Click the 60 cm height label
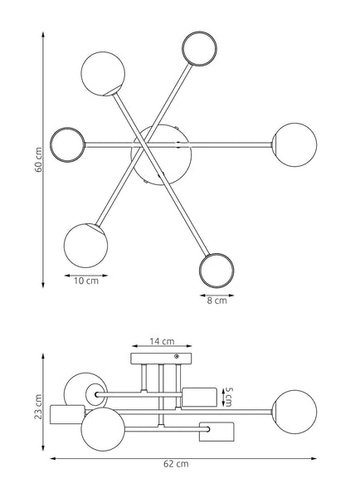(x=38, y=159)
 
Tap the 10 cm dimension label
(x=86, y=281)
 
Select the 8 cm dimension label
(x=217, y=300)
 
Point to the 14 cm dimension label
(x=162, y=341)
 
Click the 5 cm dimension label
(x=229, y=397)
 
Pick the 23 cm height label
(x=38, y=407)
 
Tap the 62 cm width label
(x=176, y=464)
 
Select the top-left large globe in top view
(x=103, y=74)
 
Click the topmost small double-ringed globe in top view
(x=199, y=49)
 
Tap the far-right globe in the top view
(x=295, y=144)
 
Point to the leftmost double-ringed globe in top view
(x=68, y=144)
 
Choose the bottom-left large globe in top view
(x=85, y=245)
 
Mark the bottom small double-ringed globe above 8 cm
(x=216, y=271)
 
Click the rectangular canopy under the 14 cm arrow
(x=161, y=359)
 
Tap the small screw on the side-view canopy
(x=177, y=356)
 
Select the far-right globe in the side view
(x=294, y=412)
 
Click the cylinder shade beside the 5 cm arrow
(x=200, y=397)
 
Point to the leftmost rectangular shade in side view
(x=67, y=414)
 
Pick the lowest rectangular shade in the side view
(x=216, y=432)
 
